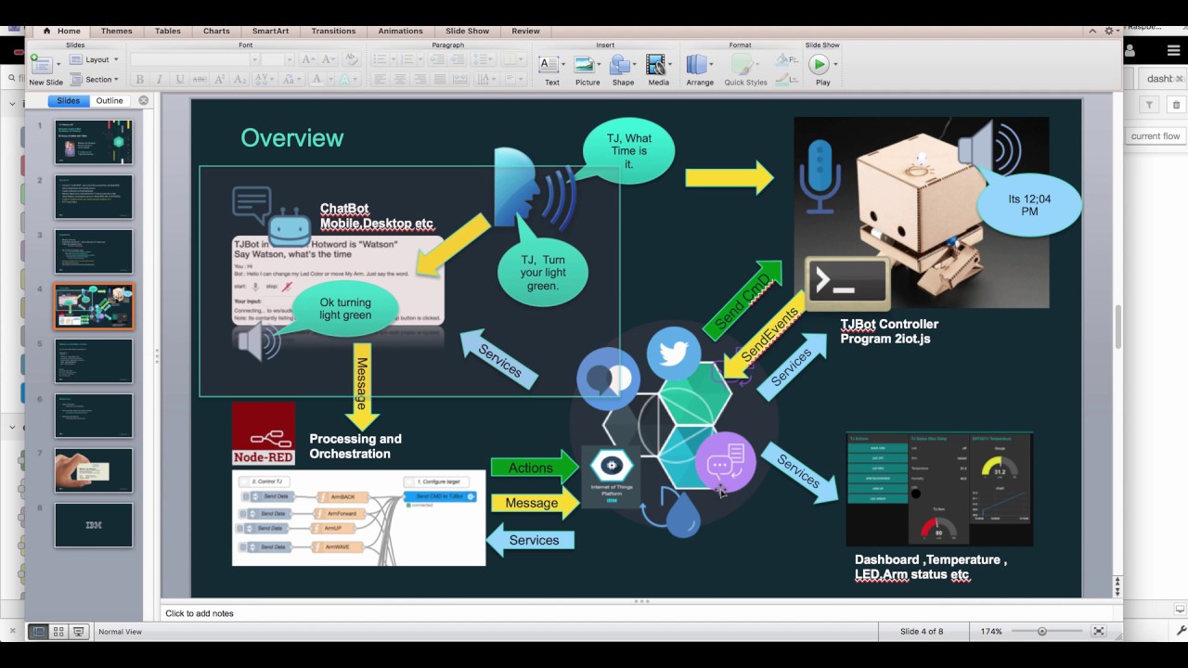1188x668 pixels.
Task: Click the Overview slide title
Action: [x=291, y=138]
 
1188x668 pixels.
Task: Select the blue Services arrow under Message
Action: [x=531, y=540]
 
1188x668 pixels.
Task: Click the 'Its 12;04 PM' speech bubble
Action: [x=1028, y=205]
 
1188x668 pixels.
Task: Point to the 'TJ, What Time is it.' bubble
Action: [x=629, y=151]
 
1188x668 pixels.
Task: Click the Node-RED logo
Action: [x=264, y=433]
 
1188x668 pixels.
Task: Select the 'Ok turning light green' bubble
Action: [x=345, y=309]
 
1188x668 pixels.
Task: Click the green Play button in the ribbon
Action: [x=819, y=64]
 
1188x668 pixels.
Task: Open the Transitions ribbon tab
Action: [x=333, y=31]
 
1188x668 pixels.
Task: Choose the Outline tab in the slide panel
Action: [x=110, y=100]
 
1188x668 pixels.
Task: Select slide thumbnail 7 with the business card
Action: [x=94, y=470]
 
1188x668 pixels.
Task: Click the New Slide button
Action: [x=45, y=70]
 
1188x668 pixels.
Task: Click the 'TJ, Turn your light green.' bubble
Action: [x=542, y=273]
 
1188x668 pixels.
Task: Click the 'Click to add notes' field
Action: [x=200, y=613]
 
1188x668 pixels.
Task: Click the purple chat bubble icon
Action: [x=725, y=461]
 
